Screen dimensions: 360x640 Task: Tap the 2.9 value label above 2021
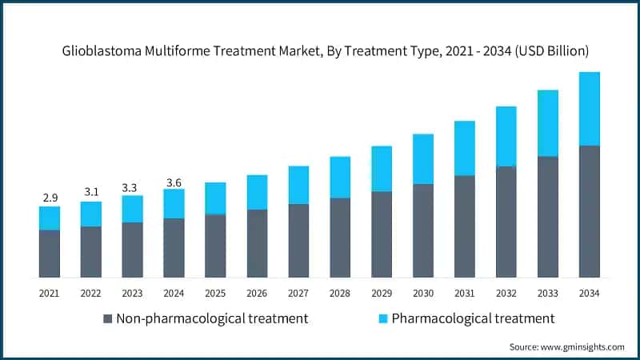pos(50,196)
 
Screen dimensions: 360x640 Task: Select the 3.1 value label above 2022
pos(91,191)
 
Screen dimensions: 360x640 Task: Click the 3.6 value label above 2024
pos(174,182)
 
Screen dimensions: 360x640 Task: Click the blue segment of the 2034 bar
pos(590,109)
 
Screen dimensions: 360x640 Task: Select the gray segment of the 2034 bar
pos(590,212)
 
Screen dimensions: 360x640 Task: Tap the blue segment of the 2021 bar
pos(50,218)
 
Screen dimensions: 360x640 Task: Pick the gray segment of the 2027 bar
pos(298,241)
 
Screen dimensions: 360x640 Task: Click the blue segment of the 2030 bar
pos(423,159)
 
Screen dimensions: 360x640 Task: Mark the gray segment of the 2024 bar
pos(174,248)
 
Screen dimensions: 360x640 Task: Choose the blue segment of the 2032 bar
pos(506,136)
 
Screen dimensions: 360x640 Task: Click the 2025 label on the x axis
pos(215,294)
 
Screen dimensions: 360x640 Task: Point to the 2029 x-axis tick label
pos(382,294)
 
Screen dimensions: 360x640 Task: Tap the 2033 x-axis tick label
pos(548,294)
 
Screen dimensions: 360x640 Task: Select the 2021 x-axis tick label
pos(50,294)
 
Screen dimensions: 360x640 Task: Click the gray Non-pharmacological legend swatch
pos(107,319)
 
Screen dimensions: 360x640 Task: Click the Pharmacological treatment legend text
pos(473,318)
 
